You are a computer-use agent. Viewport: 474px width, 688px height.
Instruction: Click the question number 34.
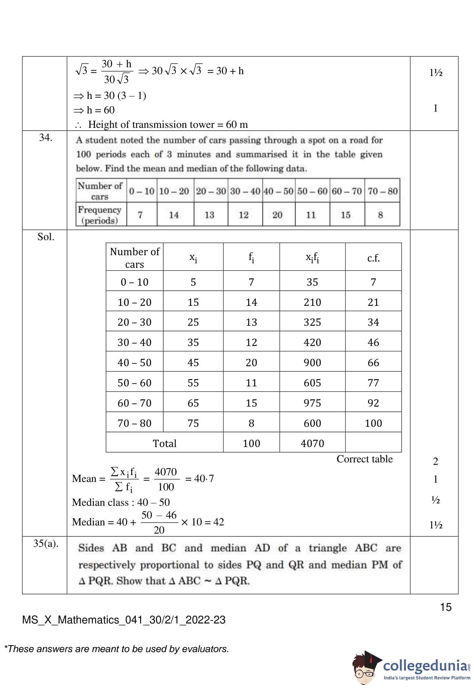point(46,138)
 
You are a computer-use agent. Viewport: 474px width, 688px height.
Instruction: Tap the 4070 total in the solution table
point(312,443)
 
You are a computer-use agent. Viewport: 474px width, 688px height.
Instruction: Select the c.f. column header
point(373,258)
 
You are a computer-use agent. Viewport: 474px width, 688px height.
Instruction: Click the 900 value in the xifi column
point(312,363)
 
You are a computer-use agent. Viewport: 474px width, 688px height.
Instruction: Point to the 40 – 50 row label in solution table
point(134,363)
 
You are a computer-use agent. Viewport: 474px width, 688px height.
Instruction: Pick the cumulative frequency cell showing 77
point(373,383)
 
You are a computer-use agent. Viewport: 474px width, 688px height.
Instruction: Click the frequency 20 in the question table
point(277,215)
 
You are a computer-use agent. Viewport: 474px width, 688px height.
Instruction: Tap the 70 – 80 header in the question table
point(382,191)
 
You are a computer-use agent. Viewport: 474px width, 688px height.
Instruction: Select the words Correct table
point(364,459)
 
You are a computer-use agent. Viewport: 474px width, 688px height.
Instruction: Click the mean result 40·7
point(204,478)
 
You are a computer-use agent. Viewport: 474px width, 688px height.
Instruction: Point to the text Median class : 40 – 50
point(121,502)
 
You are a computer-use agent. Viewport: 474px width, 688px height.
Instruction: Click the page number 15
point(446,607)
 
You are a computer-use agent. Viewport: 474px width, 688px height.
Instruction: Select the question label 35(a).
point(46,544)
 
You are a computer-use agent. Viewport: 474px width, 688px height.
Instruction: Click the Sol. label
point(46,237)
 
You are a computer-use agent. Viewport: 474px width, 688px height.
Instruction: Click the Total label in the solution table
point(164,443)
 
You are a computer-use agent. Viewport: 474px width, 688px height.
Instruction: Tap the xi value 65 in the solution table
point(193,403)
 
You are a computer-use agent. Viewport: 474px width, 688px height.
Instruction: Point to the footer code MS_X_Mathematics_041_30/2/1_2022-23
point(124,620)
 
